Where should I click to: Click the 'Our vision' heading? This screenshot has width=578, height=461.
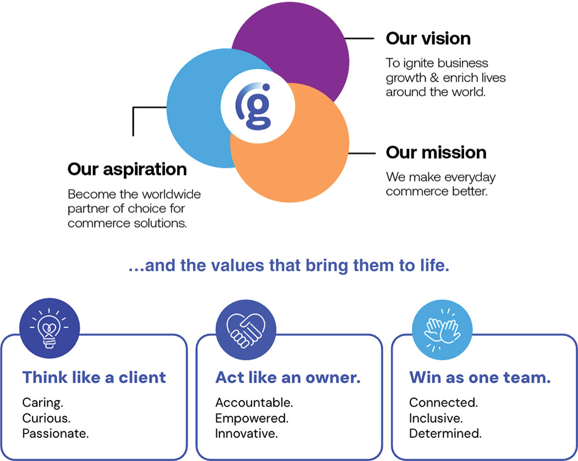[428, 39]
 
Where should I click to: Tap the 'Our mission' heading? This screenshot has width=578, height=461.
[436, 152]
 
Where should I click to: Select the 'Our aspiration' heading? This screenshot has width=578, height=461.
[127, 169]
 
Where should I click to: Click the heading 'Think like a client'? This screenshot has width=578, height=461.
[94, 377]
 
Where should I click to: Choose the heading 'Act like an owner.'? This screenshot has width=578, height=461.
[288, 377]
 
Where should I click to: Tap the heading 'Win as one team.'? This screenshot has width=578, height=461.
[480, 377]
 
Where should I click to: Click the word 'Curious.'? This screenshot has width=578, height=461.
[46, 418]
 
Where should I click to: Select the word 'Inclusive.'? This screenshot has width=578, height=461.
[436, 418]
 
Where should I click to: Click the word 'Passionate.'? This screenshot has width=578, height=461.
[55, 433]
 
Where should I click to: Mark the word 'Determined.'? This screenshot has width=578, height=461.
[445, 433]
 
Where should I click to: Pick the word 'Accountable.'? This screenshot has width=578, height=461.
[254, 403]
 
